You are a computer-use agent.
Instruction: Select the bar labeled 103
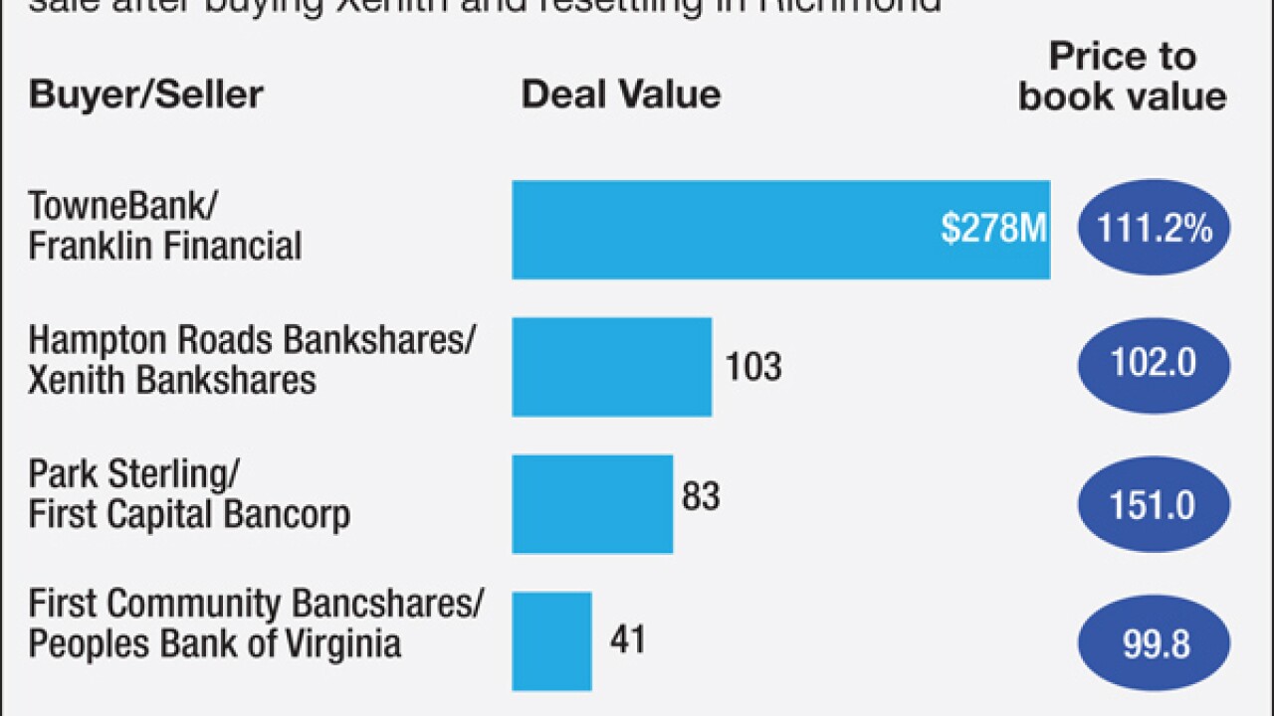pos(611,367)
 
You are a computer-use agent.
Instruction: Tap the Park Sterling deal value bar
pos(592,504)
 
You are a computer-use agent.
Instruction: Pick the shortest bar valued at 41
pos(551,641)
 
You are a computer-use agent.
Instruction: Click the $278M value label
pos(993,230)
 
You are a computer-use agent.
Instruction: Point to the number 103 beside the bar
pos(753,367)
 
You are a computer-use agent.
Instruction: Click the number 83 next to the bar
pos(700,496)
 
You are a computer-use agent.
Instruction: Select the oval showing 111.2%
pos(1154,230)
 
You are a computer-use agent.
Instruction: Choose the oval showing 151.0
pos(1154,505)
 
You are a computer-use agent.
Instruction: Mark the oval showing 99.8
pos(1154,643)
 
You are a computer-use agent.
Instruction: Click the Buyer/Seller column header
pos(146,95)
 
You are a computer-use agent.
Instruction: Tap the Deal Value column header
pos(621,94)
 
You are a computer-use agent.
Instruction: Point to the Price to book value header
pos(1122,78)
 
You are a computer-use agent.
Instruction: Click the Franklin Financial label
pos(164,247)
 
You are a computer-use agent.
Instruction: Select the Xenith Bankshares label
pos(171,381)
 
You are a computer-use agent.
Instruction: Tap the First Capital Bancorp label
pos(188,515)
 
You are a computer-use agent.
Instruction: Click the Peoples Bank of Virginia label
pos(214,643)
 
